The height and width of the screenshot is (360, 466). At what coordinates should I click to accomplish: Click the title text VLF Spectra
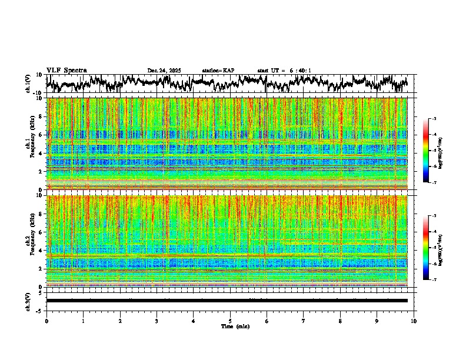point(66,70)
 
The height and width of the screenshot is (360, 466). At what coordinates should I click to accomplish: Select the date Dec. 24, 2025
point(164,71)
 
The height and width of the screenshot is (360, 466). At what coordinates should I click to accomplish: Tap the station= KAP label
point(218,71)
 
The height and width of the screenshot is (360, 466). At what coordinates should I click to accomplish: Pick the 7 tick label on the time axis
point(304,321)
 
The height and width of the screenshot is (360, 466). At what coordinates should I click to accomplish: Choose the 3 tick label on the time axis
point(157,321)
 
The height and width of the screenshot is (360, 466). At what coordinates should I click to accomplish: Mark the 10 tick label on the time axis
point(414,321)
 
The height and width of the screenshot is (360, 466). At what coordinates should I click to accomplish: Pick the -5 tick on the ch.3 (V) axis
point(40,309)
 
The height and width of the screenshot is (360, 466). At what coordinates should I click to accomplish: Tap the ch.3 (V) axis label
point(28,301)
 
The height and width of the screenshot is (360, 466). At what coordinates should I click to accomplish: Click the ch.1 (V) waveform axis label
point(28,84)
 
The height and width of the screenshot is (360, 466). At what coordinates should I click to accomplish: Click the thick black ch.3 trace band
point(227,301)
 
